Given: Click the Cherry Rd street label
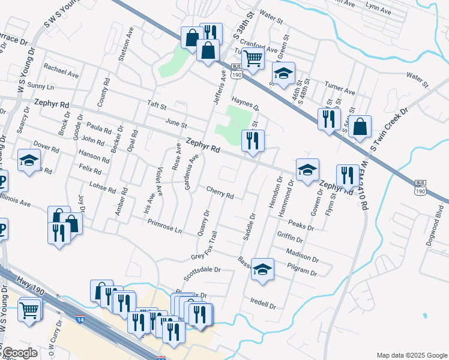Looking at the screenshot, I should [220, 193].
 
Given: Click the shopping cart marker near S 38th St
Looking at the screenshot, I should [253, 59].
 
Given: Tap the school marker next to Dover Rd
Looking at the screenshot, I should [29, 160].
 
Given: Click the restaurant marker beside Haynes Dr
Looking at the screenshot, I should [252, 141].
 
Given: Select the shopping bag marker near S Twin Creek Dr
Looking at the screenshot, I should [360, 127].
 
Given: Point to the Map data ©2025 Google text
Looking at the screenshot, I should [411, 355].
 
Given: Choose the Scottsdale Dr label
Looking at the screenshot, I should [202, 269].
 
